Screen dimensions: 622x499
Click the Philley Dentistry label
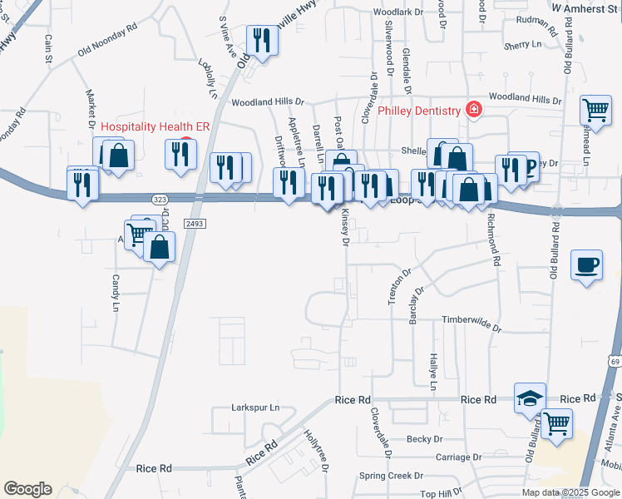[418, 111]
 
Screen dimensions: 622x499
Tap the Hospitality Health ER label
[155, 126]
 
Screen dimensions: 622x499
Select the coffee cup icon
[587, 264]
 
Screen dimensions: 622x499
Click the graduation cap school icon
[530, 398]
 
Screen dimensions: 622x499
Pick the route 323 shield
[160, 200]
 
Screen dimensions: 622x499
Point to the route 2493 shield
[195, 225]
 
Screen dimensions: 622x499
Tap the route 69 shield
[614, 362]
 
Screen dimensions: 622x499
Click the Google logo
[27, 489]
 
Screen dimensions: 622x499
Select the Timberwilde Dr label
[471, 320]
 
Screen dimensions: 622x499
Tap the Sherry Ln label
[522, 43]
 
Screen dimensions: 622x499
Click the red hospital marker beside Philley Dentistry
[473, 110]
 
